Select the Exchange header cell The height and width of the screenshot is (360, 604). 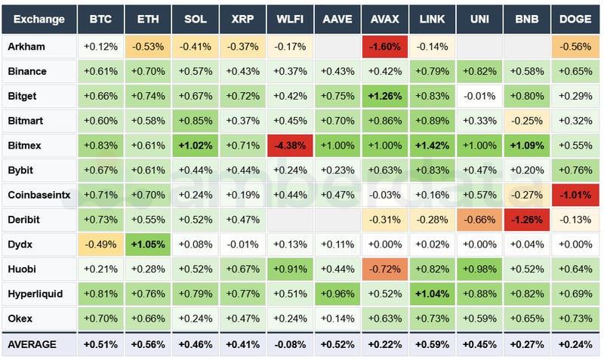tap(39, 19)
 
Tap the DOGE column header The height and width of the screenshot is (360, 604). tap(575, 19)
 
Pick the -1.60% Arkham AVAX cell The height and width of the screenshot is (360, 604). tap(384, 47)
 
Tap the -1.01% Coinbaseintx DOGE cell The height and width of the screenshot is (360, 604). tap(575, 195)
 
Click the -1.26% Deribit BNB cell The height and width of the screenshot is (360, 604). tap(527, 220)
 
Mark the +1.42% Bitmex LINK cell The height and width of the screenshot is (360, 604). tap(432, 146)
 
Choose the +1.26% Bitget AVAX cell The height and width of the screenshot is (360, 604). tap(384, 96)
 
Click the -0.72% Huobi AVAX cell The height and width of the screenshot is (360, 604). tap(384, 269)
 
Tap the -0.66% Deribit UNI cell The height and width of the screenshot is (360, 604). tap(479, 220)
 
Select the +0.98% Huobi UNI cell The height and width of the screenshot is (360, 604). tap(479, 269)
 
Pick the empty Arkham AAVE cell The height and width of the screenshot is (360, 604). tap(337, 47)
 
